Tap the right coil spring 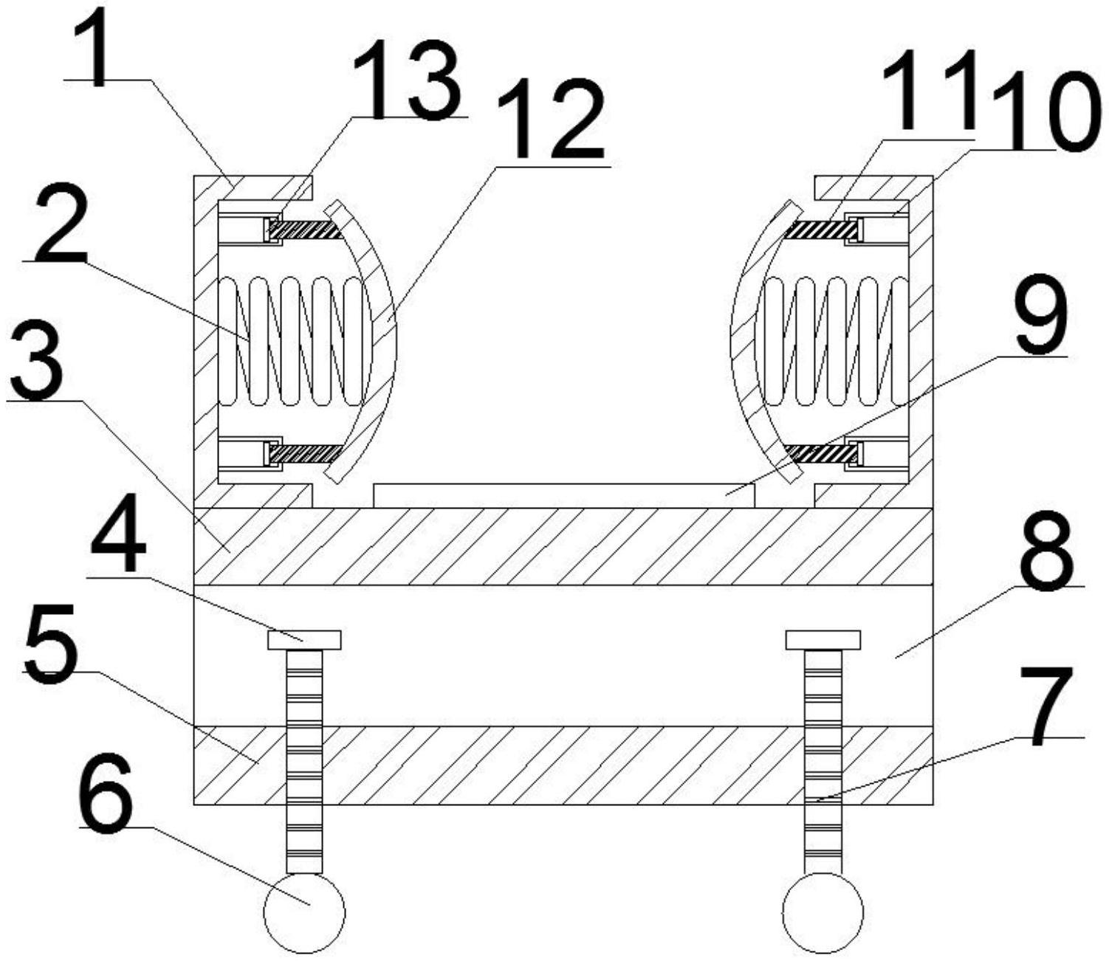835,341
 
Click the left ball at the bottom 305,912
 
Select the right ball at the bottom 823,912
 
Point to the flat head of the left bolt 304,640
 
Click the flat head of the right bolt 823,640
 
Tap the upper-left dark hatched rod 305,230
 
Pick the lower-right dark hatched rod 821,454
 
